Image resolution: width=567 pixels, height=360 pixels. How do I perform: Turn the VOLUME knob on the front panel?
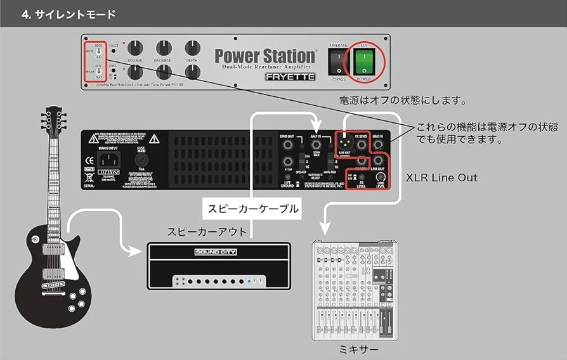click(134, 48)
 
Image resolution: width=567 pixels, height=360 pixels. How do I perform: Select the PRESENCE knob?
click(163, 48)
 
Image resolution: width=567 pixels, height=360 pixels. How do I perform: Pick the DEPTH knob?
click(192, 48)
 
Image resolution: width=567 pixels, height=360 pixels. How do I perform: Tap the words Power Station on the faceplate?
click(264, 56)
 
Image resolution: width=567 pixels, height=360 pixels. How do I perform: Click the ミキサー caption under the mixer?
click(360, 349)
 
